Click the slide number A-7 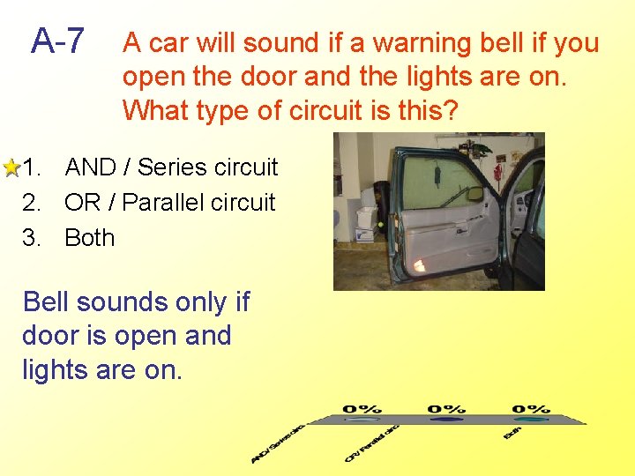58,41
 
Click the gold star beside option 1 11,167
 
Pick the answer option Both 89,238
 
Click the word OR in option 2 82,203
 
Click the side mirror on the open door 475,193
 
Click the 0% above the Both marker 530,410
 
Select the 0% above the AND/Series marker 362,410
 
